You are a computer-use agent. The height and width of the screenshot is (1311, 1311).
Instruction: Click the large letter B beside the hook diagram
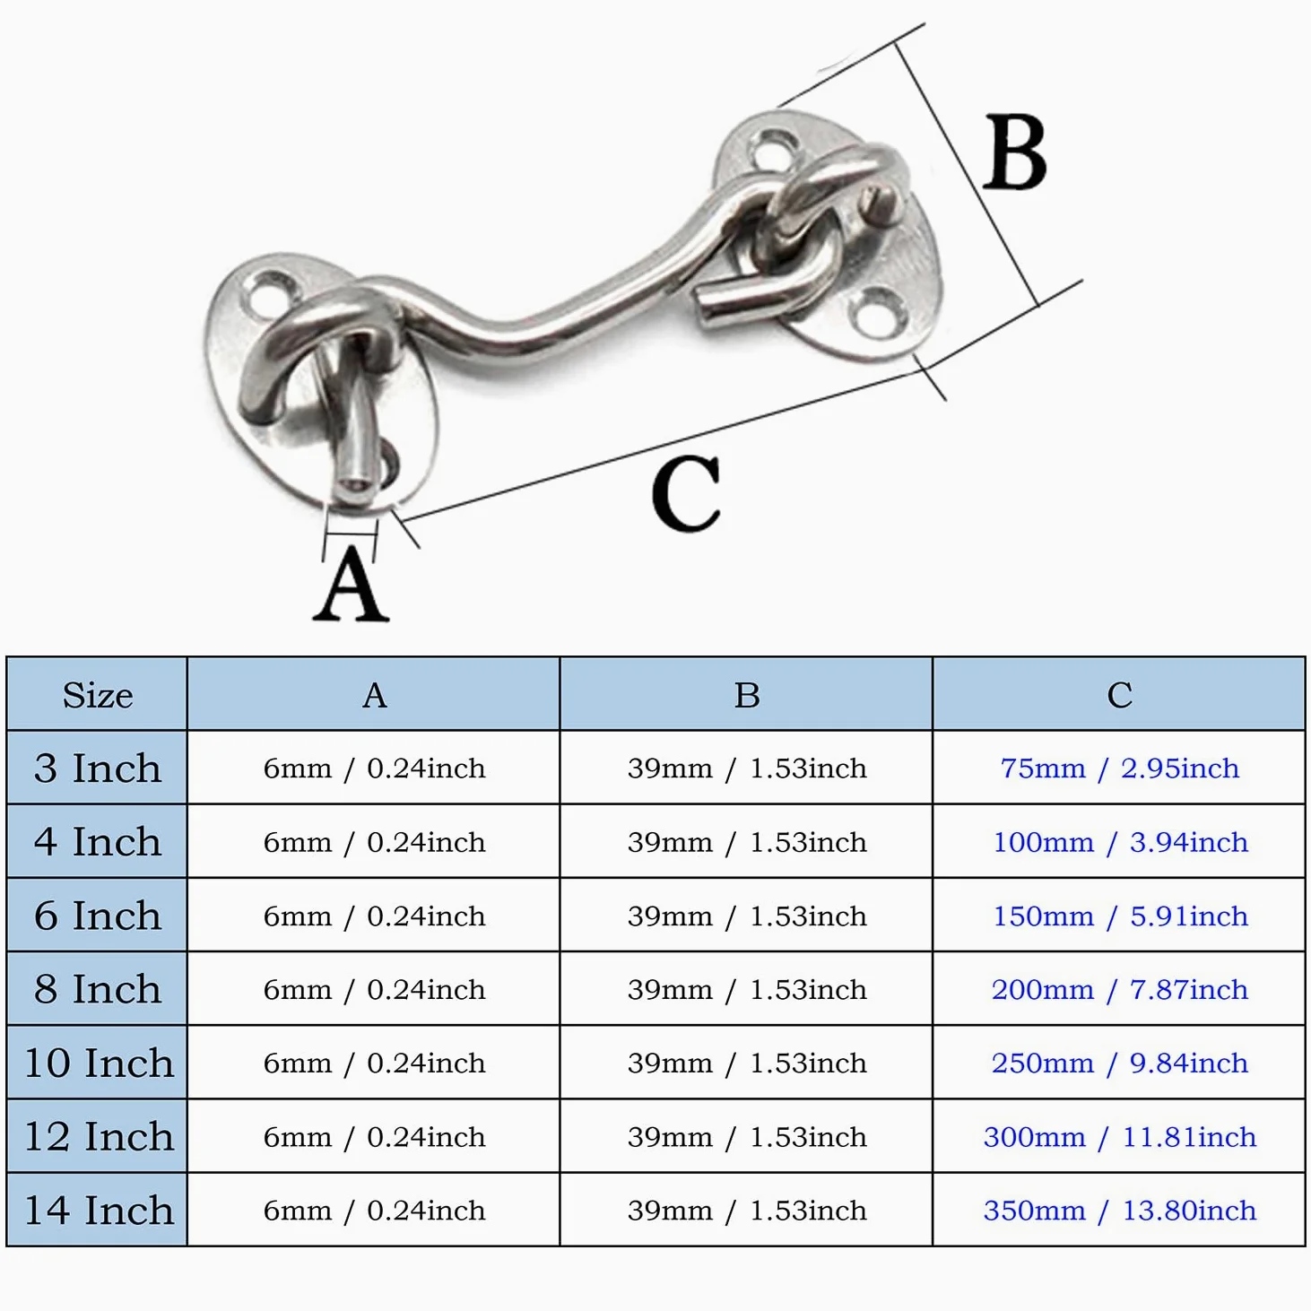tap(1015, 152)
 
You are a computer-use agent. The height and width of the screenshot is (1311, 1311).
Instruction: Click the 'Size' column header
tap(97, 695)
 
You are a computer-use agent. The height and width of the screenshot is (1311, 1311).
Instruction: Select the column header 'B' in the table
tap(747, 695)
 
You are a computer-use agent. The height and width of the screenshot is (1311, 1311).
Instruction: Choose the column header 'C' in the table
tap(1120, 695)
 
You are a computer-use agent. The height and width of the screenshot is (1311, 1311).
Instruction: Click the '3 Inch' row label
tap(97, 768)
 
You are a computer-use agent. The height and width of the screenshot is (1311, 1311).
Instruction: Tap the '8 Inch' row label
tap(97, 988)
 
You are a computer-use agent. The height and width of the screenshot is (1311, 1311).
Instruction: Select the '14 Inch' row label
tap(99, 1211)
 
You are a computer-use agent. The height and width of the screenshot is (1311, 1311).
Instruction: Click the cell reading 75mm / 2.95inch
tap(1120, 768)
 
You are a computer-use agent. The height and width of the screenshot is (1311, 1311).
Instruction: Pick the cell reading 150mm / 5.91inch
tap(1120, 916)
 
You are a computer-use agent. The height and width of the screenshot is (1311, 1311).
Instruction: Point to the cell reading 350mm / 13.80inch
tap(1120, 1211)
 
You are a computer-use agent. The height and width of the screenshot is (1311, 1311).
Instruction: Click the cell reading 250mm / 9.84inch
tap(1120, 1064)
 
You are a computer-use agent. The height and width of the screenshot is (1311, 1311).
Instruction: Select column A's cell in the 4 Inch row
tap(374, 842)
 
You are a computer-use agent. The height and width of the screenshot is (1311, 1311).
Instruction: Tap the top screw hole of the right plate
tap(774, 149)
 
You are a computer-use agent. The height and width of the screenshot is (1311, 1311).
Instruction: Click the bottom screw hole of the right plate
tap(881, 312)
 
